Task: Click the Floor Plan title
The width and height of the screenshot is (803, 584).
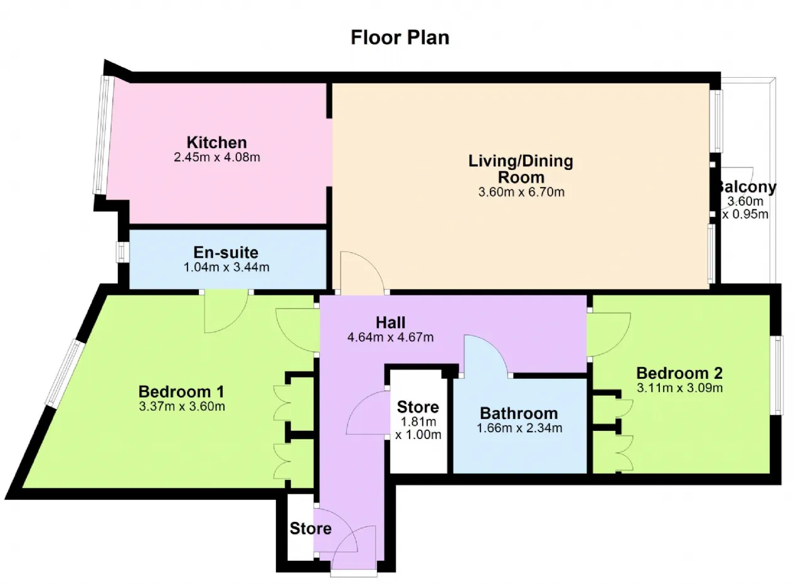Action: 400,38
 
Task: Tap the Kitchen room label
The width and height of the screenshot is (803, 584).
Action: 217,142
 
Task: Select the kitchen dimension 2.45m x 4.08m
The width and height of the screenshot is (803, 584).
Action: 217,157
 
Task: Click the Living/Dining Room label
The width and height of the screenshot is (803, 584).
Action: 521,169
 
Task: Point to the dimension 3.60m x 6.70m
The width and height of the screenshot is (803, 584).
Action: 521,192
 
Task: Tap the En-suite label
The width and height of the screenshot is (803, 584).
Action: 226,252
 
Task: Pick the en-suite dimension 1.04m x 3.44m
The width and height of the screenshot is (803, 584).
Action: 226,267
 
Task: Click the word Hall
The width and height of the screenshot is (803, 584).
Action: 390,322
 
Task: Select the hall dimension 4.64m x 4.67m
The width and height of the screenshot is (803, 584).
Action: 390,337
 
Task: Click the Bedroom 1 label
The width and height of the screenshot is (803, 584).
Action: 181,391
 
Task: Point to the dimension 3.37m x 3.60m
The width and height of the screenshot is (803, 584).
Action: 182,406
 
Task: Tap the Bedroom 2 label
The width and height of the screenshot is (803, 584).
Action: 679,373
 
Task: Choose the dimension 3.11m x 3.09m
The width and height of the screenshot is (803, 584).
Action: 679,388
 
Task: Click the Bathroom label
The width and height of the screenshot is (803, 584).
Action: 519,413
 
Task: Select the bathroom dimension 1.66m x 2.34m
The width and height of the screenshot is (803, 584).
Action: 519,428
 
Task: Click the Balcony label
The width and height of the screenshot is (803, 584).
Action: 747,187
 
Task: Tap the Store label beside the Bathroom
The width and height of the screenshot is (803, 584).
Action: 418,407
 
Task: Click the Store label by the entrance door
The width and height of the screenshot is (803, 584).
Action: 311,528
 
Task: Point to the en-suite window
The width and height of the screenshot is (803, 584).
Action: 122,252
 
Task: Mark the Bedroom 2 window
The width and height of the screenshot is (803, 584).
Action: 777,375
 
